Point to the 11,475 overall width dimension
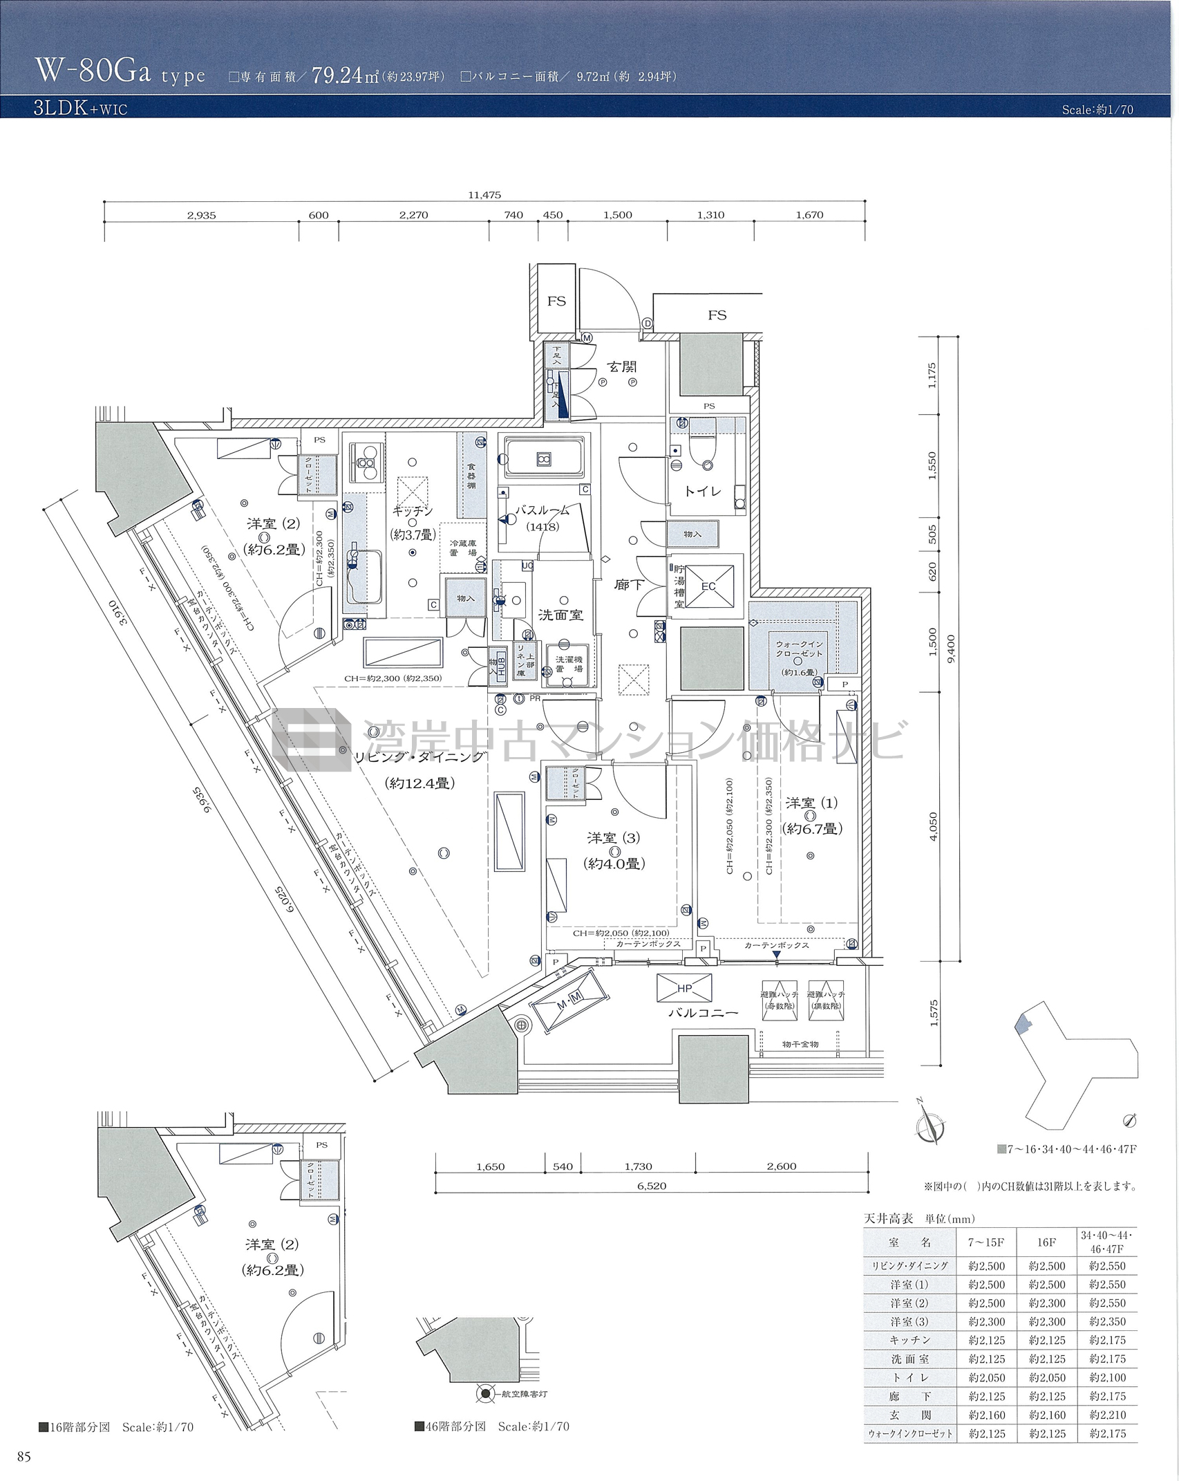pyautogui.click(x=484, y=195)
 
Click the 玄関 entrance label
pyautogui.click(x=621, y=366)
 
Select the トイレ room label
pyautogui.click(x=702, y=491)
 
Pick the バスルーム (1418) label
pyautogui.click(x=543, y=518)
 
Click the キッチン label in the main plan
pyautogui.click(x=413, y=512)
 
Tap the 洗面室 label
pyautogui.click(x=560, y=615)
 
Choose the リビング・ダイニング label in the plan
pyautogui.click(x=419, y=757)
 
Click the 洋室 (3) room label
pyautogui.click(x=613, y=838)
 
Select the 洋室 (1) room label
pyautogui.click(x=811, y=803)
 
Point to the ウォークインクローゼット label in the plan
pyautogui.click(x=799, y=649)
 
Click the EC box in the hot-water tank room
pyautogui.click(x=708, y=586)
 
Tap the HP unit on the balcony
pyautogui.click(x=684, y=988)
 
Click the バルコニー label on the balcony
pyautogui.click(x=703, y=1012)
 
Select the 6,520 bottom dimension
pyautogui.click(x=651, y=1186)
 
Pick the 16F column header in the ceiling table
pyautogui.click(x=1046, y=1242)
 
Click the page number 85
pyautogui.click(x=24, y=1457)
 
